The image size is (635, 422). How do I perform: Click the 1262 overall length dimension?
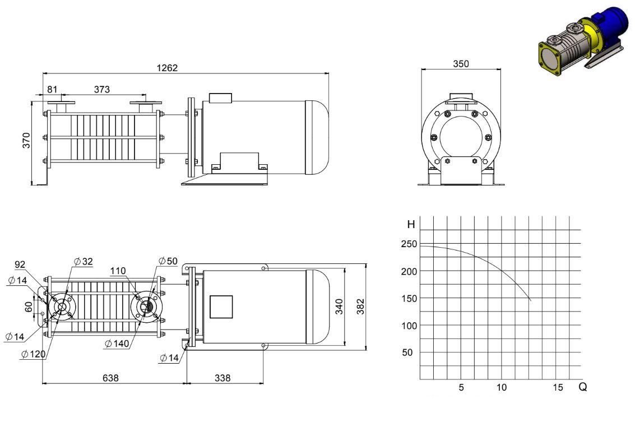click(167, 68)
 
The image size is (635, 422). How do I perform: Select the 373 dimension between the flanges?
click(101, 89)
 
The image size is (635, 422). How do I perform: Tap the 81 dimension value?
click(52, 89)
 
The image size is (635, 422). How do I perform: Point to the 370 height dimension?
click(26, 140)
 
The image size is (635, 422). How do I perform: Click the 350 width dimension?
click(461, 63)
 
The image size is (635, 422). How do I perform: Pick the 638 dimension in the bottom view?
click(110, 378)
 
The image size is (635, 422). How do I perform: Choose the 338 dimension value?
click(223, 378)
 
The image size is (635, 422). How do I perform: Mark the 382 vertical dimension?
click(360, 307)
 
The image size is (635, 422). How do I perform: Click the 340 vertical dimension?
click(340, 307)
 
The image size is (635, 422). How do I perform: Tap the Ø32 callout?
click(84, 261)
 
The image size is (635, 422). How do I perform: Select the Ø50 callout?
click(168, 261)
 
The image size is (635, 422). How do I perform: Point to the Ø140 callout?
click(117, 344)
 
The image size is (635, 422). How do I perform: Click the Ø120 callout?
click(34, 354)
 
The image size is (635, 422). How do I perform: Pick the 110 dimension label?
click(118, 271)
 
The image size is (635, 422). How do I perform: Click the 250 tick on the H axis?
click(409, 244)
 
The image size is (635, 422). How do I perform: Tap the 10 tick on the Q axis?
click(502, 387)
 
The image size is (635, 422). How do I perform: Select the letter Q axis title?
click(583, 387)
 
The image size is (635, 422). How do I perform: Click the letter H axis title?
click(411, 224)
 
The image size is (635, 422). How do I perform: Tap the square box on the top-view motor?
click(221, 307)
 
